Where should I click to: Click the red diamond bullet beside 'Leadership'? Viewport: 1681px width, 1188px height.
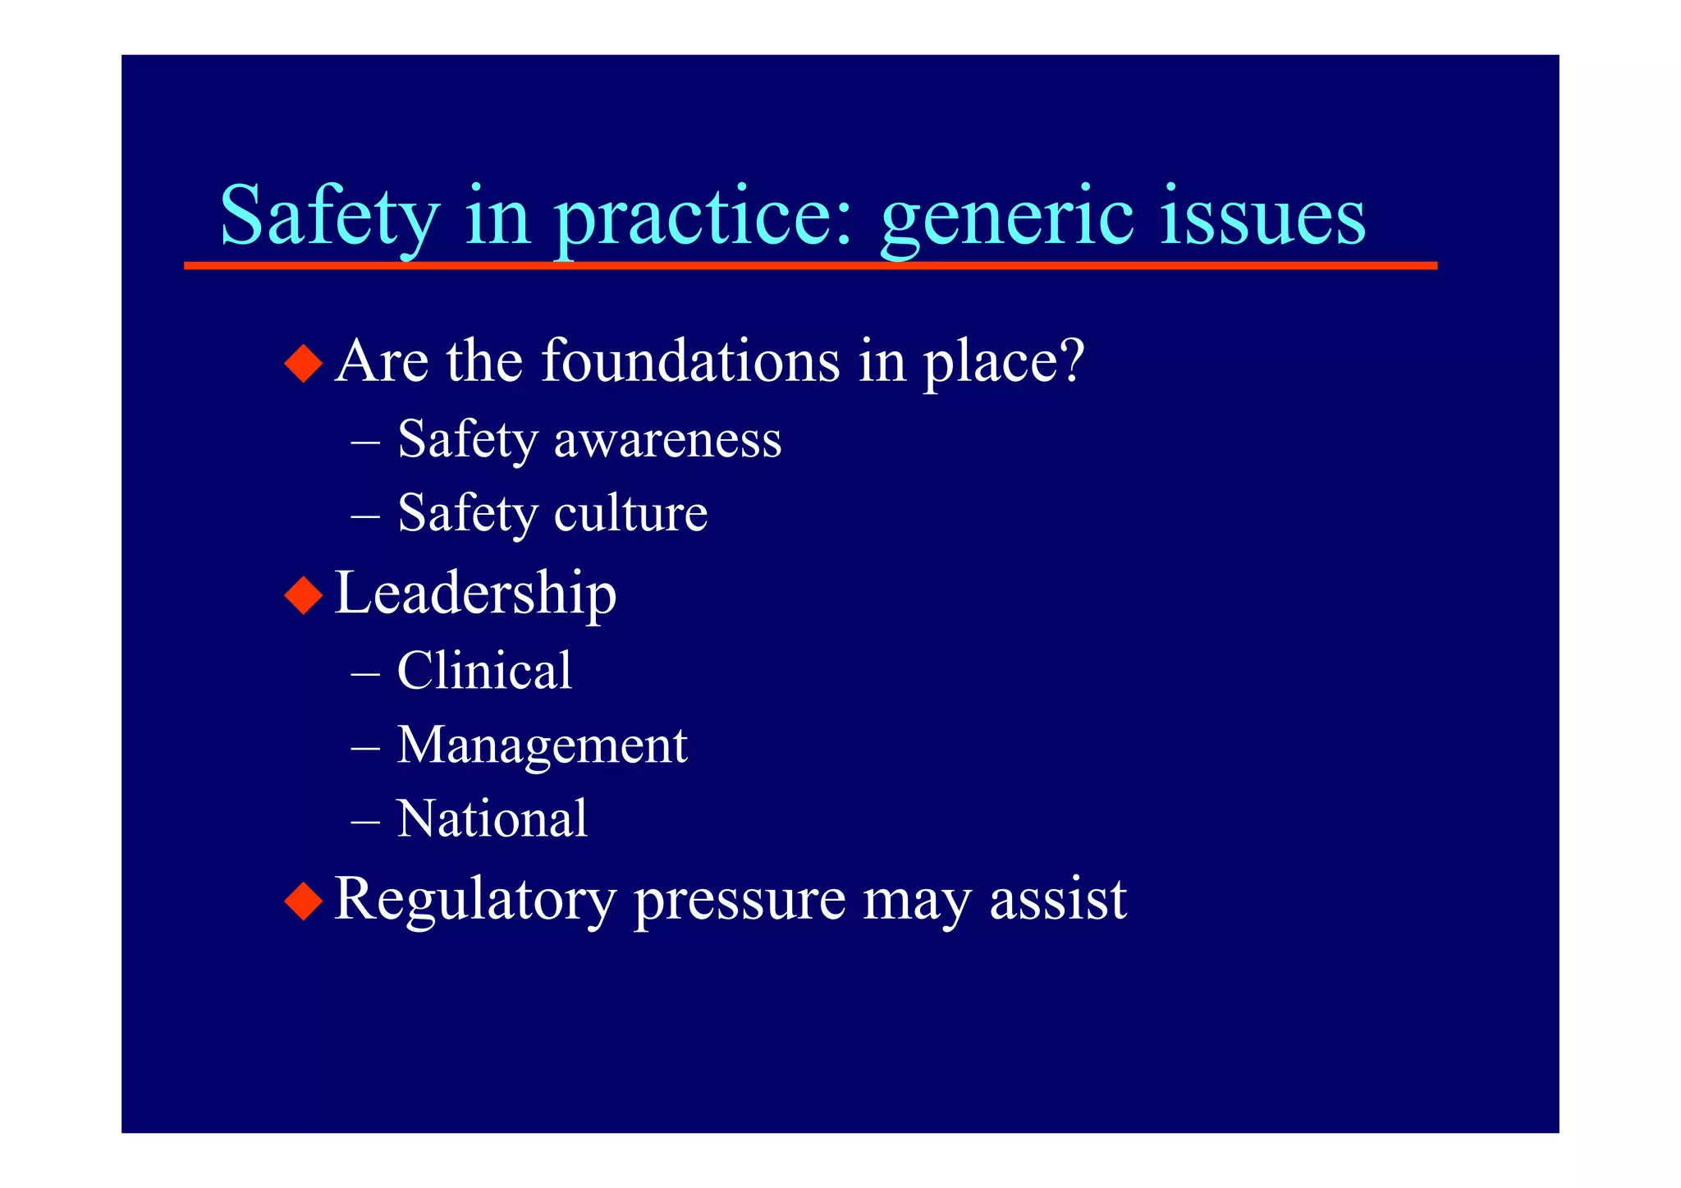(304, 595)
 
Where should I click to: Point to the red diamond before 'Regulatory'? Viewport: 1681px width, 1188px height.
(304, 901)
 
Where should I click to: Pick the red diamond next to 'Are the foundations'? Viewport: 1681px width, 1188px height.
(304, 363)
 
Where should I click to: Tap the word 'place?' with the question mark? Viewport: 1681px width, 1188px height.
(1004, 362)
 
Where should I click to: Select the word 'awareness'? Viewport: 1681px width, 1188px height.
(667, 439)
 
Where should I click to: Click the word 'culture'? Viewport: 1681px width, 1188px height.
(630, 513)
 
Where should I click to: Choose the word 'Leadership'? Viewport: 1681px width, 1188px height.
(475, 594)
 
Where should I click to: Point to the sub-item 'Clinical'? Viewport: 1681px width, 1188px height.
(484, 670)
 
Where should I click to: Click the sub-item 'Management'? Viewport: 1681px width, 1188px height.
(542, 745)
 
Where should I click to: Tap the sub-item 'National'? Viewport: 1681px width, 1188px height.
(492, 819)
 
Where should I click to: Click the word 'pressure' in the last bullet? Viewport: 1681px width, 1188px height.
(739, 901)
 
